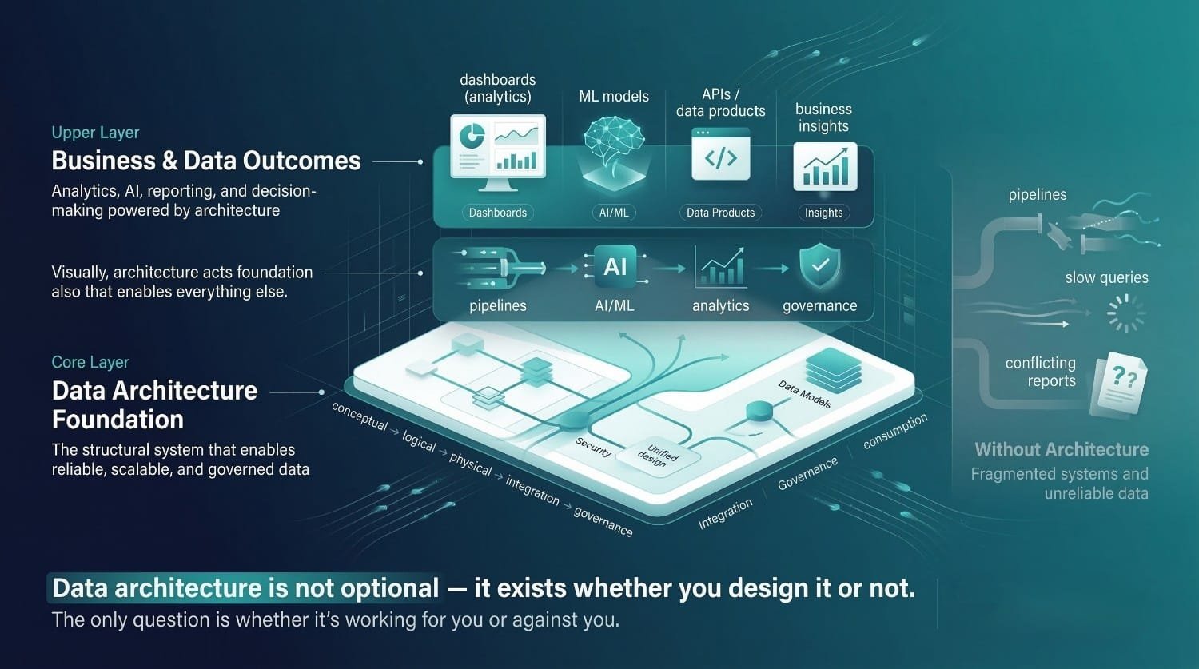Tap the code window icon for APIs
tap(720, 154)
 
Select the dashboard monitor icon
tap(498, 152)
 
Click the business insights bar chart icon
tap(825, 166)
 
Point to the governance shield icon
tap(820, 266)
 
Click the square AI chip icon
tap(615, 266)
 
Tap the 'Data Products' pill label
tap(720, 213)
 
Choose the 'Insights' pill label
tap(824, 213)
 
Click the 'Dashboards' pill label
tap(498, 213)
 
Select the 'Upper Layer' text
tap(95, 133)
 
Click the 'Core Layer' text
tap(90, 362)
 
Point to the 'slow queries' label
tap(1106, 278)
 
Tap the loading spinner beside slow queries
tap(1125, 313)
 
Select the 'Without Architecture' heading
tap(1062, 449)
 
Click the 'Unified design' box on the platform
tap(658, 456)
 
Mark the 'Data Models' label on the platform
tap(804, 394)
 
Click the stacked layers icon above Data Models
tap(833, 370)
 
